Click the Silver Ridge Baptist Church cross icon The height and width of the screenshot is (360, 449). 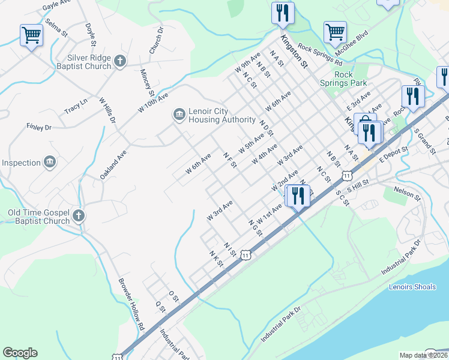(x=120, y=61)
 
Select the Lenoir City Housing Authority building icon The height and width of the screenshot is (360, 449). (x=179, y=114)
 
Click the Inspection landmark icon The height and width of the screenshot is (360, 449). (x=50, y=163)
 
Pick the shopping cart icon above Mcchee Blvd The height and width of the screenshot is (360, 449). (x=335, y=31)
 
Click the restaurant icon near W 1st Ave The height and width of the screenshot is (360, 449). (x=298, y=195)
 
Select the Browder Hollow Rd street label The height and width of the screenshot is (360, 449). (x=131, y=306)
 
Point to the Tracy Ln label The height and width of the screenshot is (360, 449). (x=76, y=106)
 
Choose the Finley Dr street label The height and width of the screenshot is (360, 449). (x=40, y=127)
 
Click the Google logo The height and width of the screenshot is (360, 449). (x=20, y=353)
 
